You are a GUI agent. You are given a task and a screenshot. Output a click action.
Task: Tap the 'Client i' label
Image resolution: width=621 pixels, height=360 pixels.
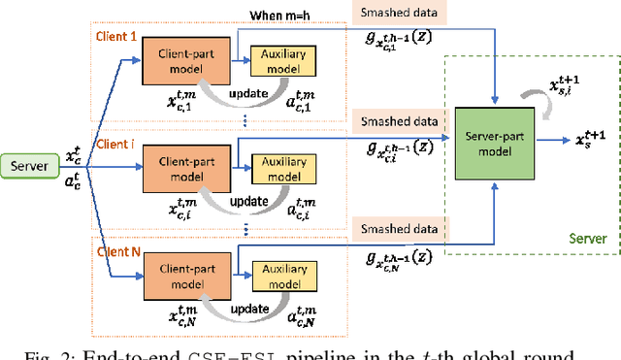point(116,139)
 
